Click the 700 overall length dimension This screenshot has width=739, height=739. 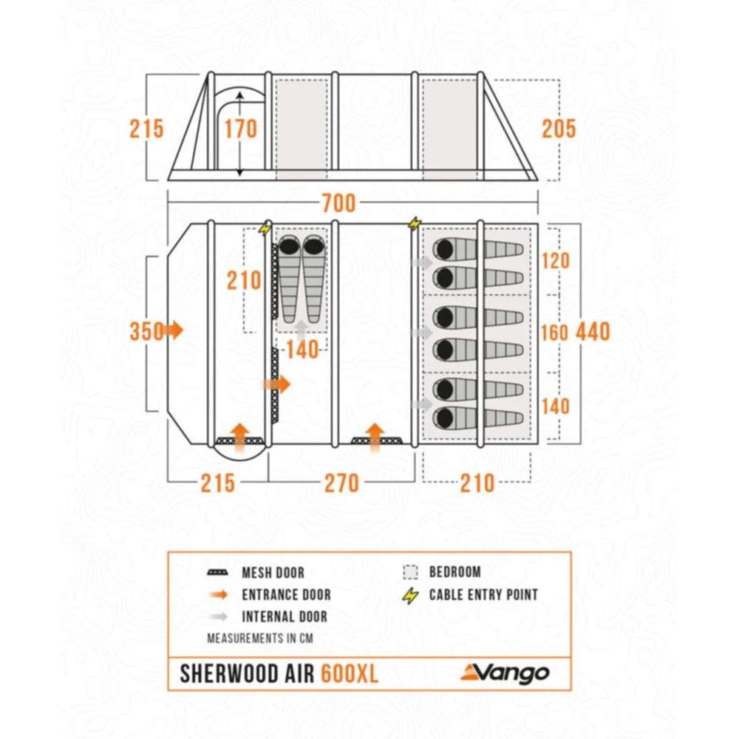(x=339, y=202)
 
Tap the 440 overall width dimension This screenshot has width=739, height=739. (x=594, y=332)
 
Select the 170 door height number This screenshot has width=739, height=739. (x=241, y=129)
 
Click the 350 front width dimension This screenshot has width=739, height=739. (x=146, y=332)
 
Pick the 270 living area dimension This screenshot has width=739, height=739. (x=341, y=483)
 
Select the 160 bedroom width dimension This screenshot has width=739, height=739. (x=554, y=332)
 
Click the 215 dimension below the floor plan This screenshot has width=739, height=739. (x=217, y=483)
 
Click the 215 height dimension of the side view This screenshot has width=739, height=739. (x=146, y=129)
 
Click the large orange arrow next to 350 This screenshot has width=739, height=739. (x=174, y=330)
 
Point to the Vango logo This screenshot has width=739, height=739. (x=505, y=672)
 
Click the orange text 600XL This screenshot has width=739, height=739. (x=350, y=674)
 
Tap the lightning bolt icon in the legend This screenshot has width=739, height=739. (x=412, y=595)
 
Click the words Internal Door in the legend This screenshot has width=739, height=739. (x=284, y=616)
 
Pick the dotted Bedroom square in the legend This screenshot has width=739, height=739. (x=411, y=572)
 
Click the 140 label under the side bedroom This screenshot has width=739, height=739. (x=303, y=350)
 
